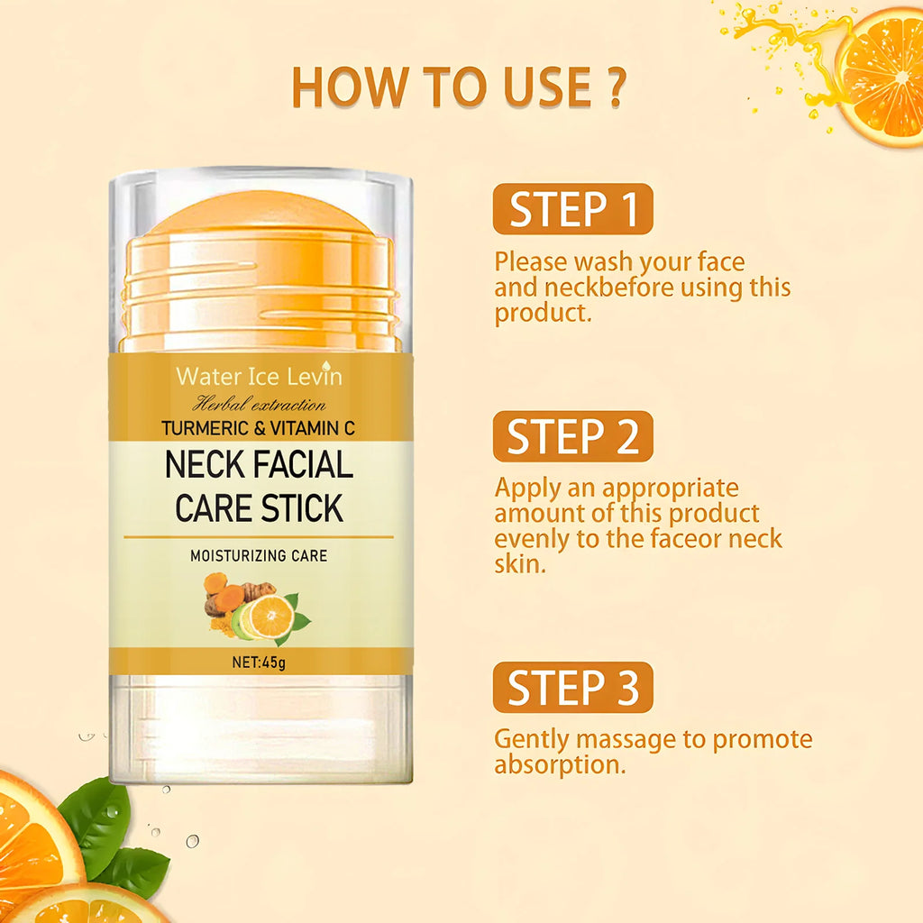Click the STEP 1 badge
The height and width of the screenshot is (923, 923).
[x=572, y=208]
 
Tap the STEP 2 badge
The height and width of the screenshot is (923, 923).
[x=572, y=436]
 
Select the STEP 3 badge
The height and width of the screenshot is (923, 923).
[x=572, y=687]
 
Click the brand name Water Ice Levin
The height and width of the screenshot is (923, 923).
[x=259, y=376]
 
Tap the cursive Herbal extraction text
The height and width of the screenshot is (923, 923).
[x=260, y=404]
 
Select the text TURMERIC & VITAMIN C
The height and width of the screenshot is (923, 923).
[x=259, y=428]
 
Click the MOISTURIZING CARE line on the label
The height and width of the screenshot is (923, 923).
[x=259, y=556]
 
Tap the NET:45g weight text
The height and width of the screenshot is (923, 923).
[x=260, y=661]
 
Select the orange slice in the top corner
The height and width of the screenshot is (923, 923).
[x=882, y=77]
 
